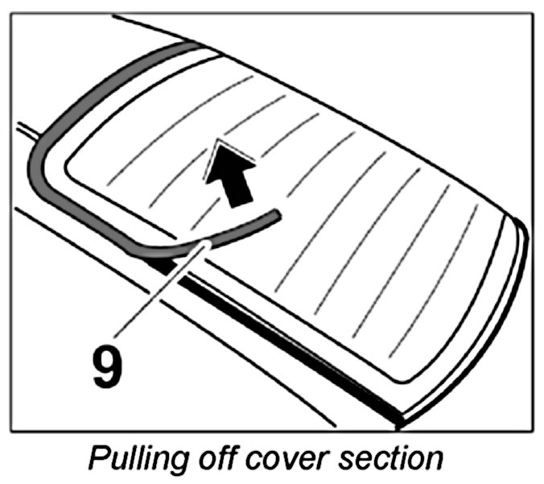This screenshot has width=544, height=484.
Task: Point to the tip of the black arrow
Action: (218, 141)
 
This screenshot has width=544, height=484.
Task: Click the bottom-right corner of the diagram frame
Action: (532, 430)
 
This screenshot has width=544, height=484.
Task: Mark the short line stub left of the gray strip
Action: (24, 128)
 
